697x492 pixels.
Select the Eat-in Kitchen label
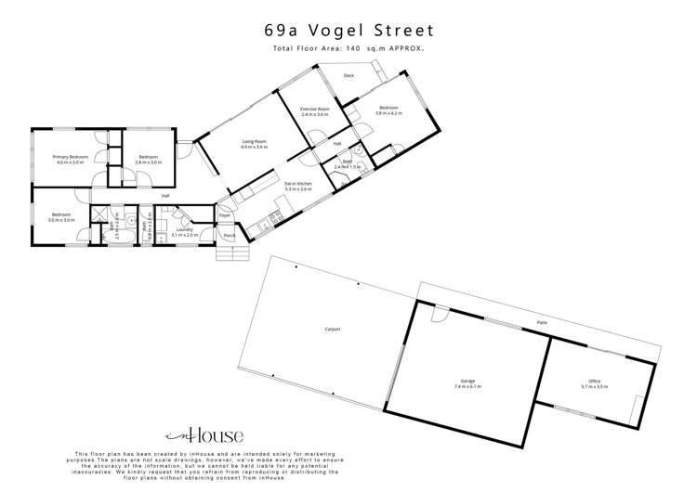point(298,184)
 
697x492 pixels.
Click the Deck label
point(348,75)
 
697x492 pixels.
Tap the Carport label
point(333,329)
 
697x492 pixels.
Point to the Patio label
point(541,323)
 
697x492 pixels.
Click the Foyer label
point(225,215)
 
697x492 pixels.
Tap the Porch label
point(229,236)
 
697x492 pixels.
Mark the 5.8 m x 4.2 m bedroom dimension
point(388,113)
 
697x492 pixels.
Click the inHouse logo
point(204,434)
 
